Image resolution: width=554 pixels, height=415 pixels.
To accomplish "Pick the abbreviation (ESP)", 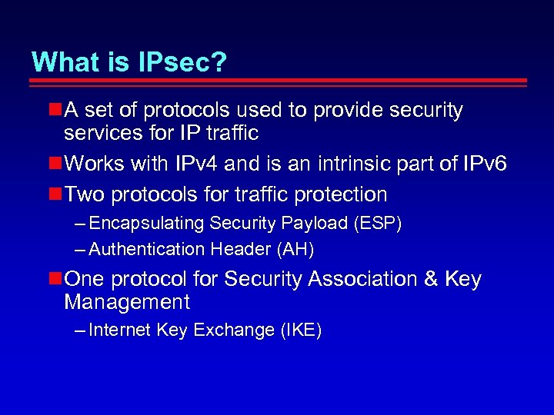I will point(377,224).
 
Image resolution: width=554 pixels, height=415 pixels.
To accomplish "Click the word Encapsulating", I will point(146,224).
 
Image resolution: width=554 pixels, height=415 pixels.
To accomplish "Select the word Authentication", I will point(146,249).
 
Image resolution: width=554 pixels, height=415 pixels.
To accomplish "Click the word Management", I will point(127,302).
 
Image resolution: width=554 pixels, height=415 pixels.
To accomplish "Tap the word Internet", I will point(120,330).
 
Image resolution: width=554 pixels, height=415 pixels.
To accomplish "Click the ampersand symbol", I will point(431,279).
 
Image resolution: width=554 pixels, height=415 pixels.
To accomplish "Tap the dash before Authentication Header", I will point(82,250).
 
